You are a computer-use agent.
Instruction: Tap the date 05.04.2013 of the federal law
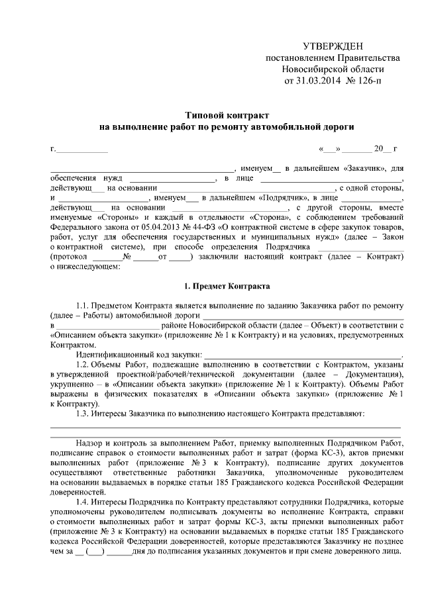click(157, 227)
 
